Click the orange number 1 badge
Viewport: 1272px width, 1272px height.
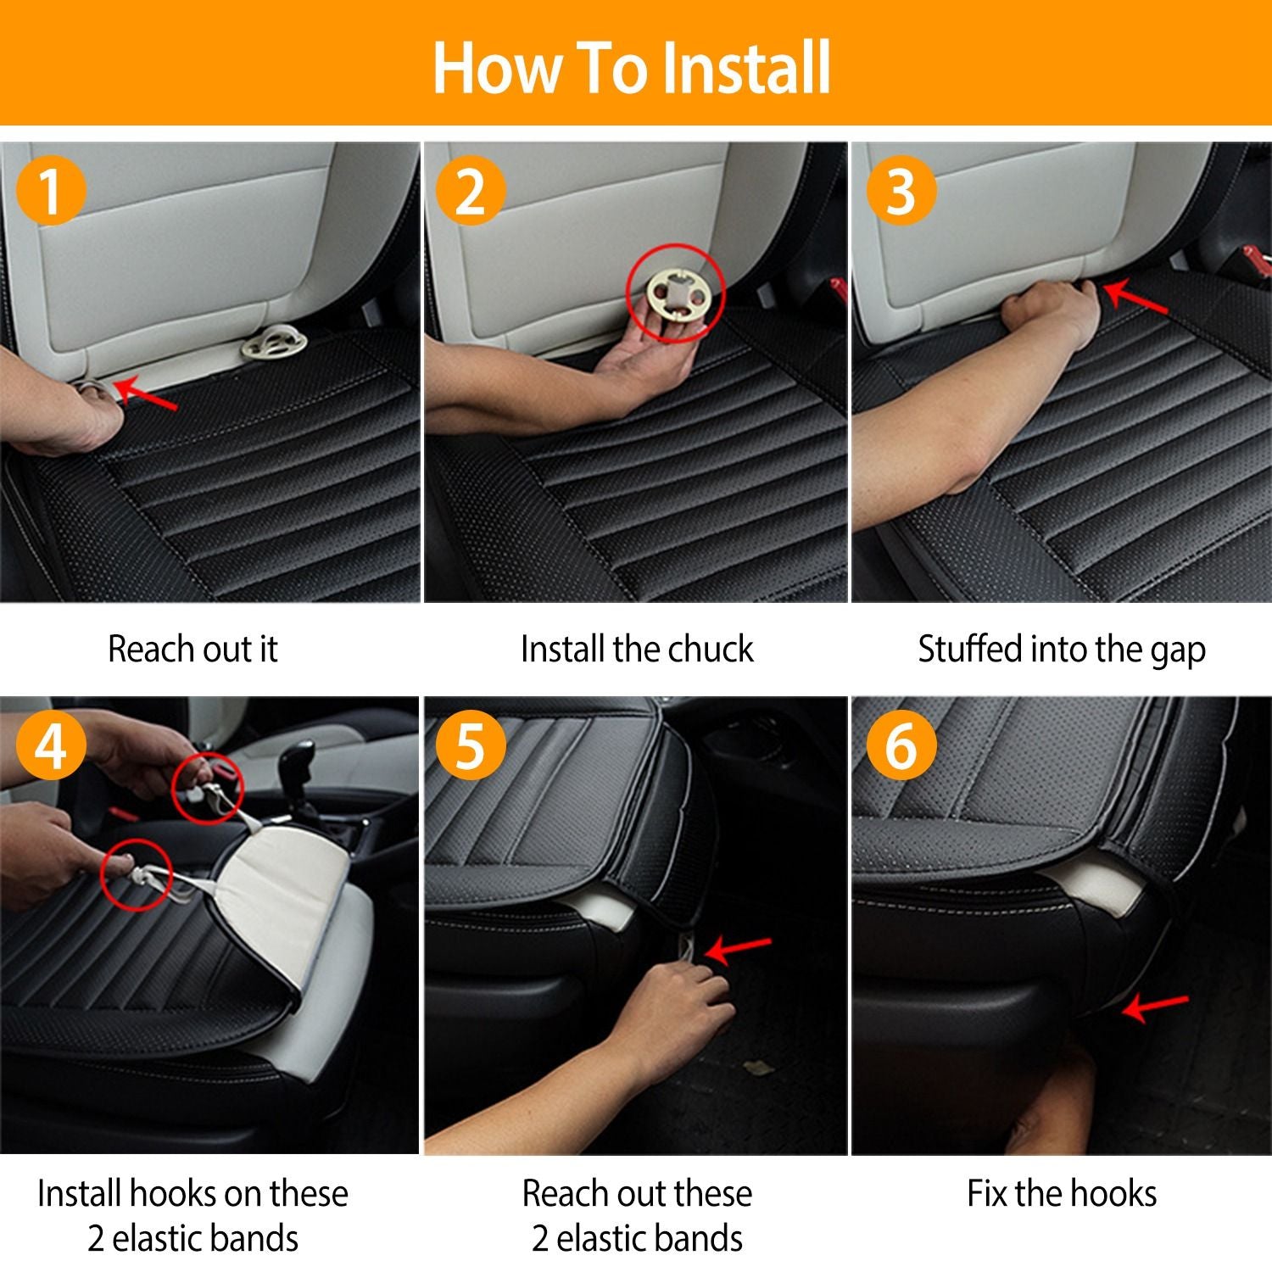coord(51,190)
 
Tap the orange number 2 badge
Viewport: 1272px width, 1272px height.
coord(471,190)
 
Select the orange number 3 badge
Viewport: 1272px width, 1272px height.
coord(901,190)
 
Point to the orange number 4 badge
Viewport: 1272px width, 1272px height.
coord(51,746)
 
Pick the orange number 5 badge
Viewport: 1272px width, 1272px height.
coord(471,746)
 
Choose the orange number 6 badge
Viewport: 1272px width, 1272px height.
coord(901,746)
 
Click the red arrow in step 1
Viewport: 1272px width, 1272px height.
coord(145,394)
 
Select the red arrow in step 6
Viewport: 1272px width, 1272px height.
coord(1154,1007)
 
